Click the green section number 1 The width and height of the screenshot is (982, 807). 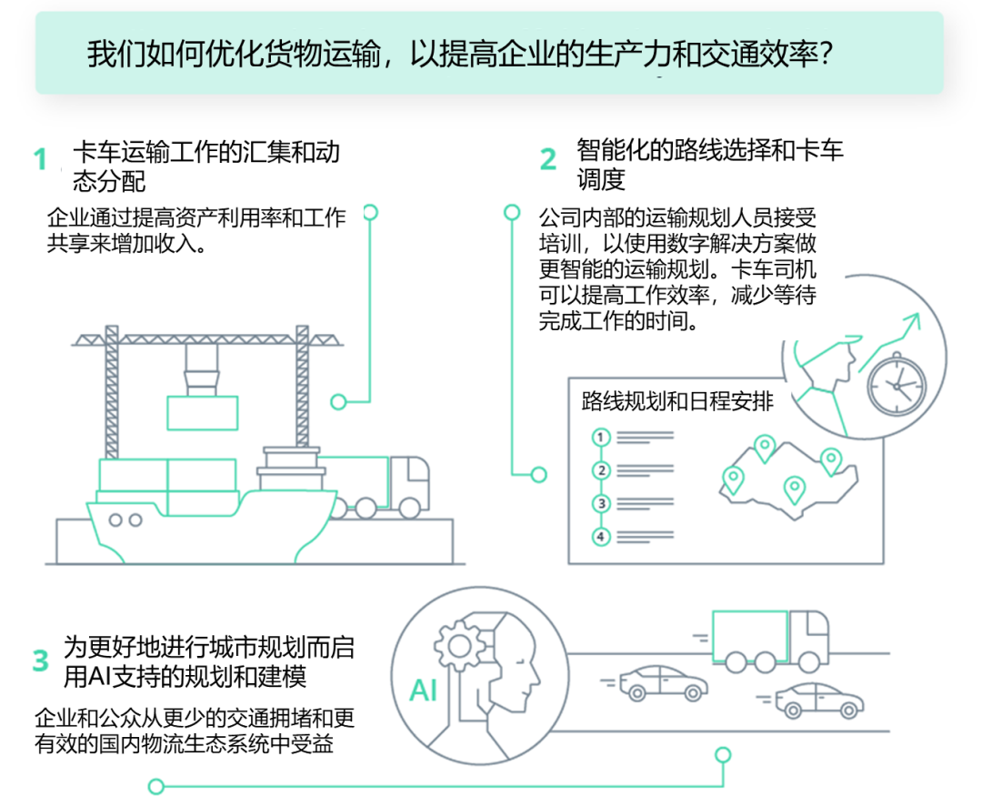tap(39, 160)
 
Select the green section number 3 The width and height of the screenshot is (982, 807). tap(40, 661)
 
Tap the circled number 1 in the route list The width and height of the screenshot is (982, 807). tap(600, 438)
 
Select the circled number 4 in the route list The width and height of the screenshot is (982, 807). tap(600, 536)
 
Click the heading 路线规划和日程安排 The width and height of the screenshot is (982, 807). tap(677, 401)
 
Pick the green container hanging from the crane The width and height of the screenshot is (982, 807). tap(202, 412)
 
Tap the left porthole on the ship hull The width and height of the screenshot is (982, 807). tap(115, 520)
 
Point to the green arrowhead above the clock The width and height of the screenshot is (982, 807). tap(912, 319)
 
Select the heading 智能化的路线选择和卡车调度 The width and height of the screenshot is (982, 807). tap(709, 164)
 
